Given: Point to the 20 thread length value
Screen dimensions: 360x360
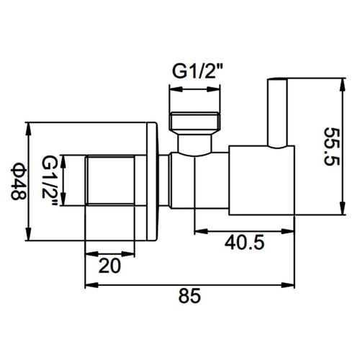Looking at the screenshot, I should click(x=109, y=265).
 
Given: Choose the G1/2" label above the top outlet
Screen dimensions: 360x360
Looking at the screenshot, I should click(x=196, y=72).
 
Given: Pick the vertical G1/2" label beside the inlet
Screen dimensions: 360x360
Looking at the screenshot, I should click(x=50, y=181).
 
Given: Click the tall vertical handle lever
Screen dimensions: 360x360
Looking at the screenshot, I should click(x=276, y=112).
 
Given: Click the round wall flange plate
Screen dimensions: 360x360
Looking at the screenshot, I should click(x=152, y=182).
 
